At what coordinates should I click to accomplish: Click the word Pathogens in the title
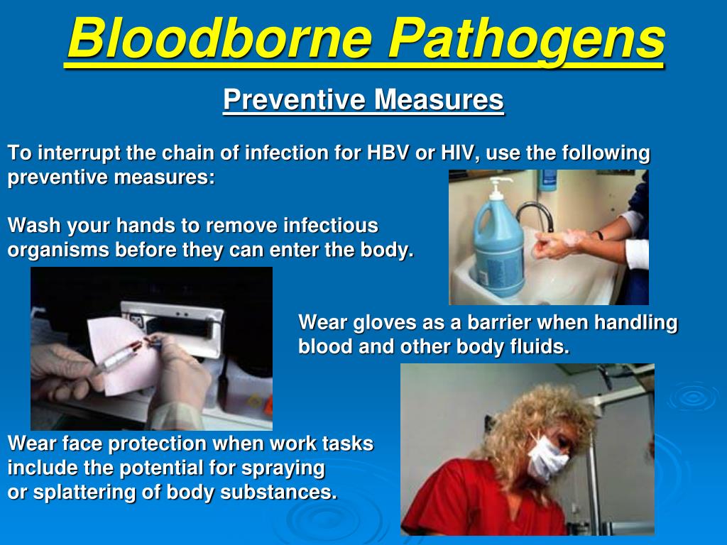(x=527, y=40)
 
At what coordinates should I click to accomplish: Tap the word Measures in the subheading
(x=439, y=99)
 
